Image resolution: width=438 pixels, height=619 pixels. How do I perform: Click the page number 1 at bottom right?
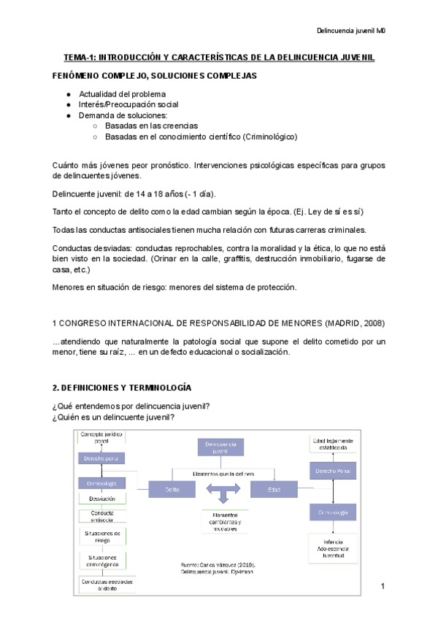(382, 587)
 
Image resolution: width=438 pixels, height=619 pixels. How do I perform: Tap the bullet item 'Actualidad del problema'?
(122, 94)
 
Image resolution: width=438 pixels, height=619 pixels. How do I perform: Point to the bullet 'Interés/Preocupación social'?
(128, 104)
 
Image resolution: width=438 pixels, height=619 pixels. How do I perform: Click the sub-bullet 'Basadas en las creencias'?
(151, 126)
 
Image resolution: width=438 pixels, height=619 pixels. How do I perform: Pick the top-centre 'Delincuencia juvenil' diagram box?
(220, 447)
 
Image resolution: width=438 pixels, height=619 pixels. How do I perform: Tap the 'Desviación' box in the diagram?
(101, 499)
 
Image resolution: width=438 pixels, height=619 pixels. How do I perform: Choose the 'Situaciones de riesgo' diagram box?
(101, 537)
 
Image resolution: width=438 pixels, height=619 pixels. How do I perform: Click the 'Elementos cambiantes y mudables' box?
(223, 521)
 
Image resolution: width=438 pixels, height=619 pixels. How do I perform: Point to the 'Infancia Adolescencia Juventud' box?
(333, 548)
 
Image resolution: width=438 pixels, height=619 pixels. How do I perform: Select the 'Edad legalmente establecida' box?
(333, 445)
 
